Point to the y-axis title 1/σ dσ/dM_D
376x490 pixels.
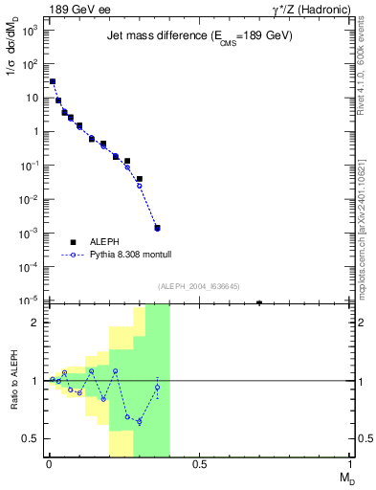coord(12,57)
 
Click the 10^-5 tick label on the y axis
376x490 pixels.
coord(29,301)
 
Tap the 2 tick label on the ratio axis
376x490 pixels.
coord(35,323)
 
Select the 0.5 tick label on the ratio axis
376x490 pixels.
coord(31,438)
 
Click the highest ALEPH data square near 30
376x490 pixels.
coord(53,82)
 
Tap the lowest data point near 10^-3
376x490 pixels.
coord(157,255)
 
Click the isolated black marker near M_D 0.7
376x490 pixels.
coord(259,302)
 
